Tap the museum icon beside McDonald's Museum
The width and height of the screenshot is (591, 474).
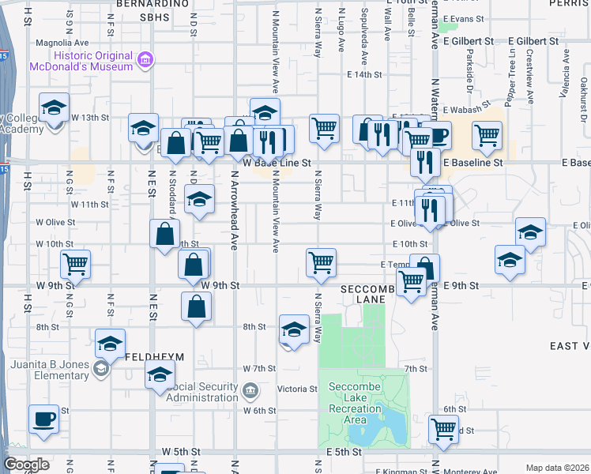[145, 60]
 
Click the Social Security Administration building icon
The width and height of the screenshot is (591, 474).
[250, 390]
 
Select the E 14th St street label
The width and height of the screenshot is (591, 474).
[364, 74]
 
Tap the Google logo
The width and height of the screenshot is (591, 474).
[26, 465]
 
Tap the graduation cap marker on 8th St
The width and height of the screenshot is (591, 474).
[294, 329]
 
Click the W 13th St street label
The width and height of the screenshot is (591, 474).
[89, 117]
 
